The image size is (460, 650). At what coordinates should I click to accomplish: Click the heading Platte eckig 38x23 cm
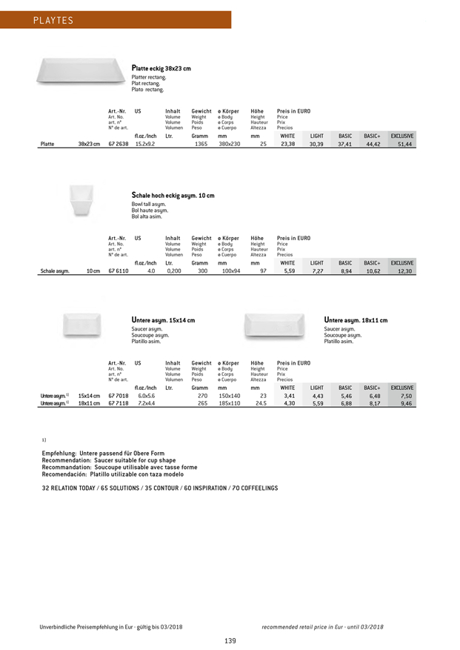pos(161,68)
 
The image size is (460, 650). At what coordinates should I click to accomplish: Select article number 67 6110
pos(119,272)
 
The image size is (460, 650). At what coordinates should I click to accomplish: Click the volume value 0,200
pos(172,272)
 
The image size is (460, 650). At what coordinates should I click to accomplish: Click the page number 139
pos(230,640)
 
